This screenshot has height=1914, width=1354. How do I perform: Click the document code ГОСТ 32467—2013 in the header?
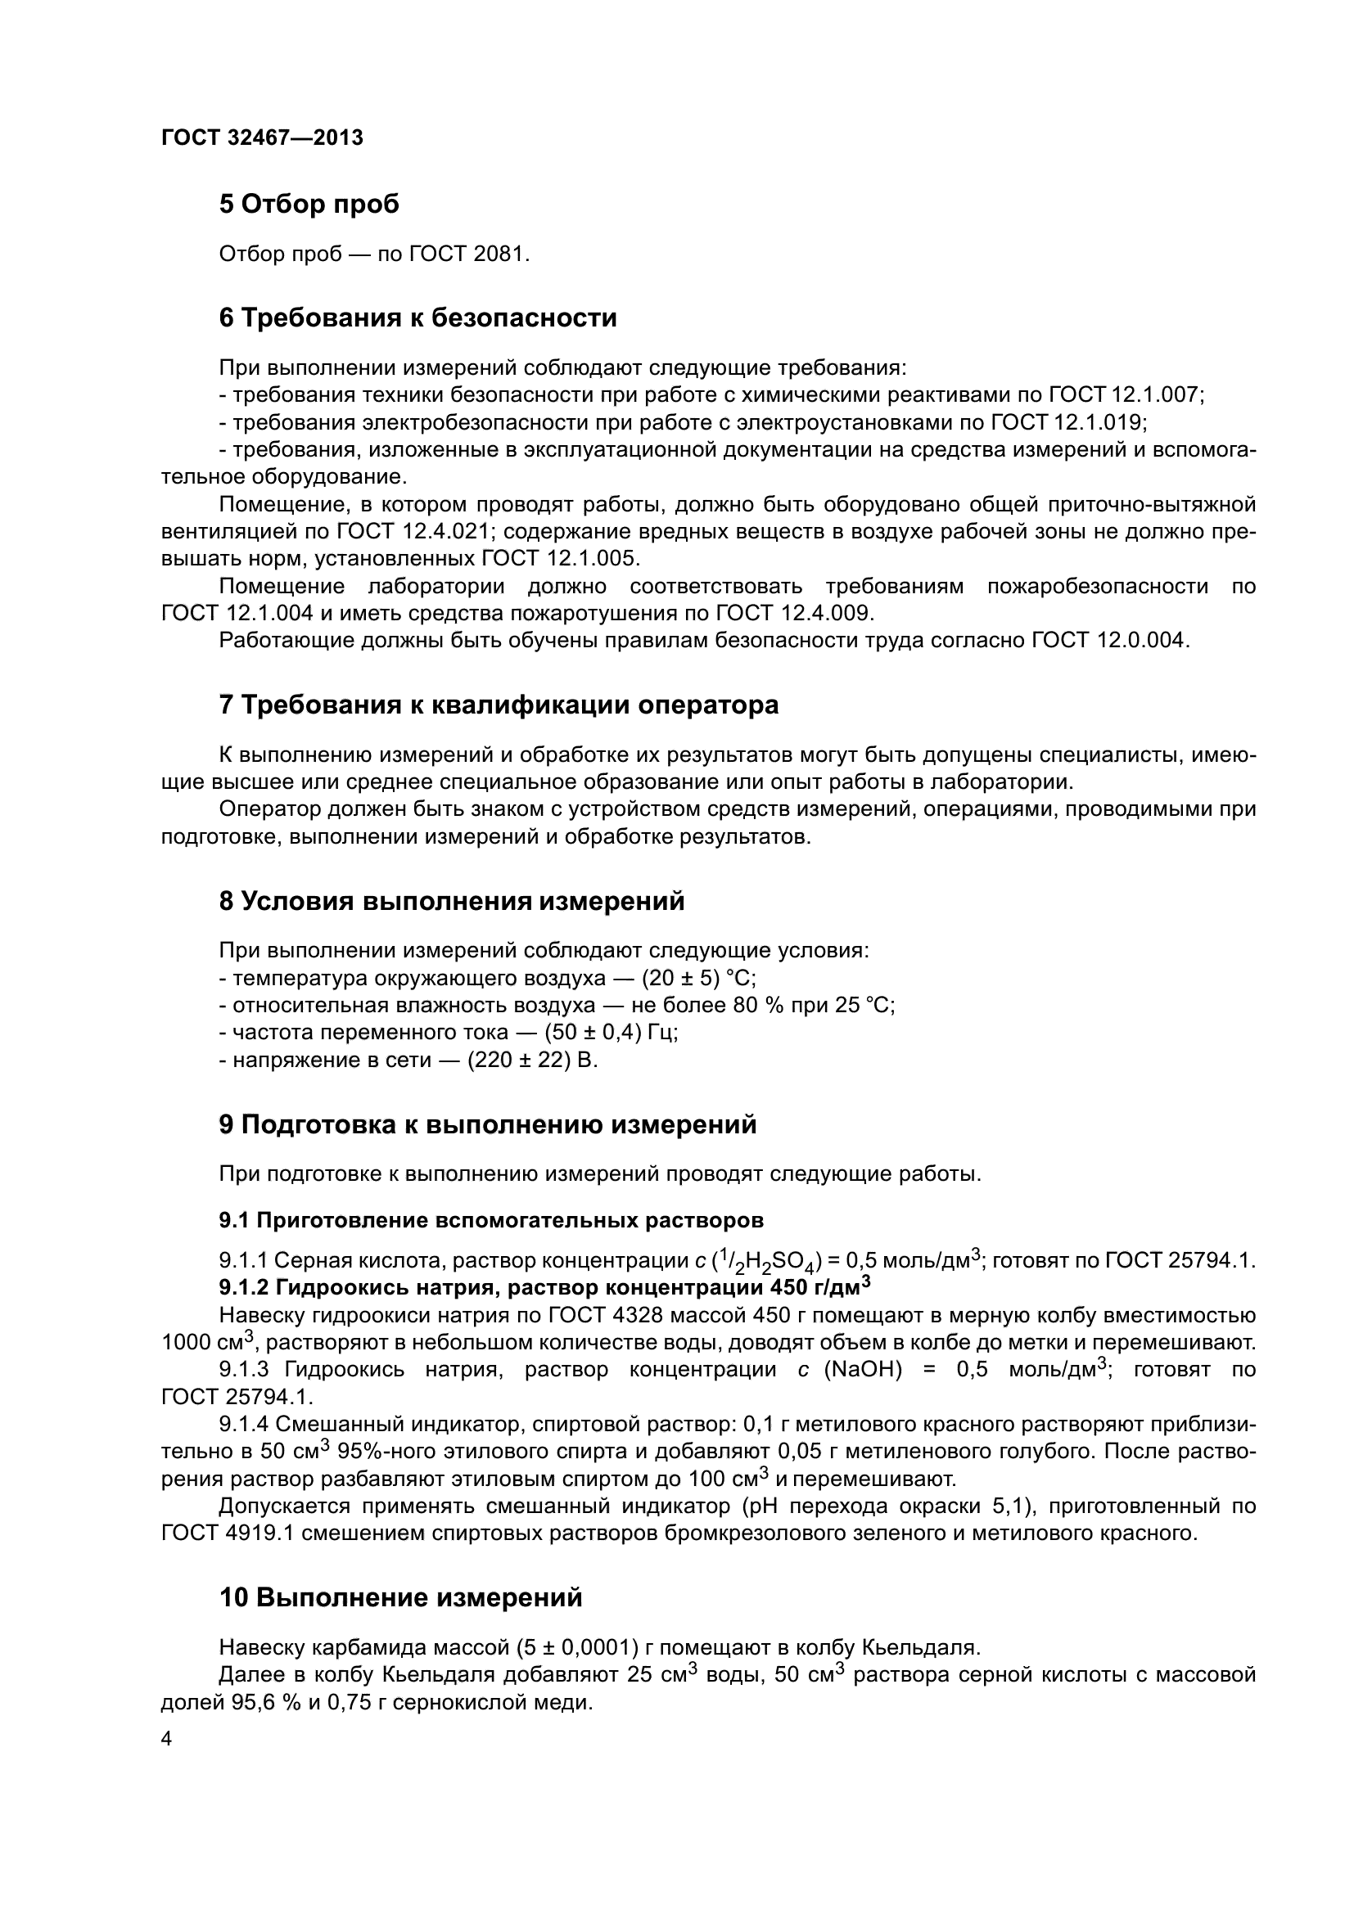click(262, 138)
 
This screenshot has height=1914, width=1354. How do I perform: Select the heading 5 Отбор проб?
click(309, 205)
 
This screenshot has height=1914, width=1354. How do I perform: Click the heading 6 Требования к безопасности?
click(417, 317)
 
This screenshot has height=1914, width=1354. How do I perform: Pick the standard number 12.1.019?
click(1100, 422)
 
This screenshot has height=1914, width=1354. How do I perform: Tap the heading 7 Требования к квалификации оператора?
click(499, 705)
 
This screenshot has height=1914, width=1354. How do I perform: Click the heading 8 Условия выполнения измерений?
click(451, 901)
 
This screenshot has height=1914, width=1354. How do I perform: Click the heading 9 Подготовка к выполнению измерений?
click(488, 1124)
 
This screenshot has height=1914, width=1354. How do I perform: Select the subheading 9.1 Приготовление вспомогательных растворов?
click(491, 1220)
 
